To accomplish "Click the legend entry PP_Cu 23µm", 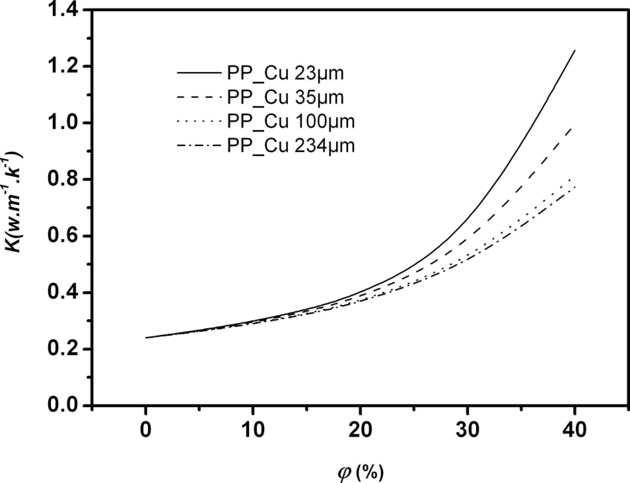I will tap(285, 73).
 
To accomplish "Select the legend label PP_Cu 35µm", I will tap(285, 97).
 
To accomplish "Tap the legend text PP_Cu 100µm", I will tap(291, 122).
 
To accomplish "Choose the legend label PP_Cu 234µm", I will tap(291, 146).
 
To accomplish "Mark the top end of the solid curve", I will tap(575, 51).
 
